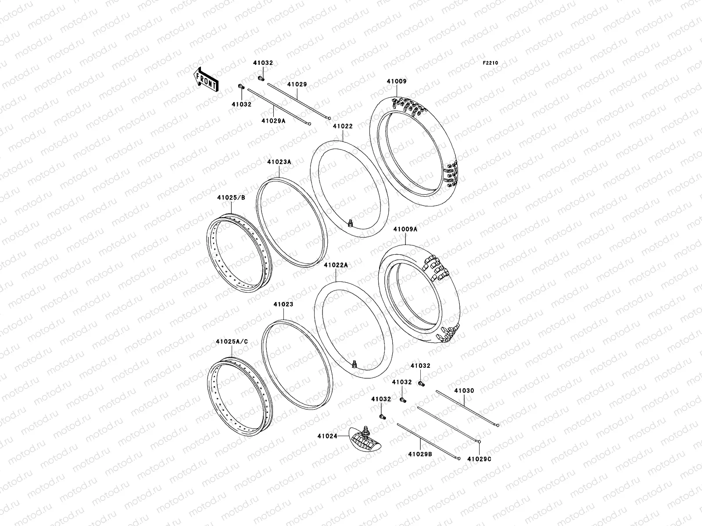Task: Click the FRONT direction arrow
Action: (x=206, y=80)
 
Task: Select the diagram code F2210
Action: (x=490, y=63)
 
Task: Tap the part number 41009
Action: (x=397, y=81)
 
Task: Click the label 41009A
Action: (x=405, y=229)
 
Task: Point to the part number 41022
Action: (x=343, y=126)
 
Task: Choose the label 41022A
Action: (x=336, y=265)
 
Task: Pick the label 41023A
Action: (x=279, y=162)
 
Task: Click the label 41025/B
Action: (x=231, y=198)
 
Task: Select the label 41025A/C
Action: (x=232, y=342)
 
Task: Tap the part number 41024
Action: (x=327, y=436)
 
